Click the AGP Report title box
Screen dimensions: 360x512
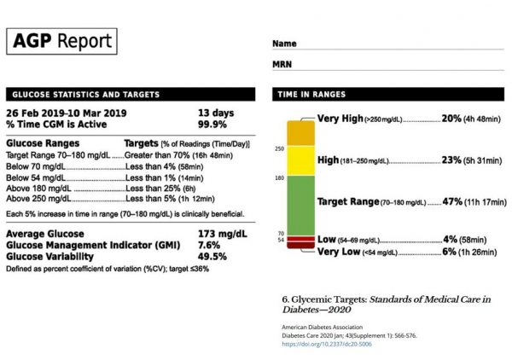point(61,42)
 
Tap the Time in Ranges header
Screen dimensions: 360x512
point(309,94)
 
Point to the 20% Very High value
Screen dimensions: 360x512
point(451,119)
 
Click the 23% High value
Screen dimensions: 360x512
point(451,160)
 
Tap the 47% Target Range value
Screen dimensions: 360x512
point(451,202)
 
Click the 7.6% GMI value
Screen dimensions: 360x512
point(209,244)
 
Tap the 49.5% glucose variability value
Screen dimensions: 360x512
point(212,255)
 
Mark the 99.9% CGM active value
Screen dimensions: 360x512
point(212,124)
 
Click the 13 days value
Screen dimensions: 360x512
point(214,113)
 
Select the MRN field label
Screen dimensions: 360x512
point(282,63)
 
